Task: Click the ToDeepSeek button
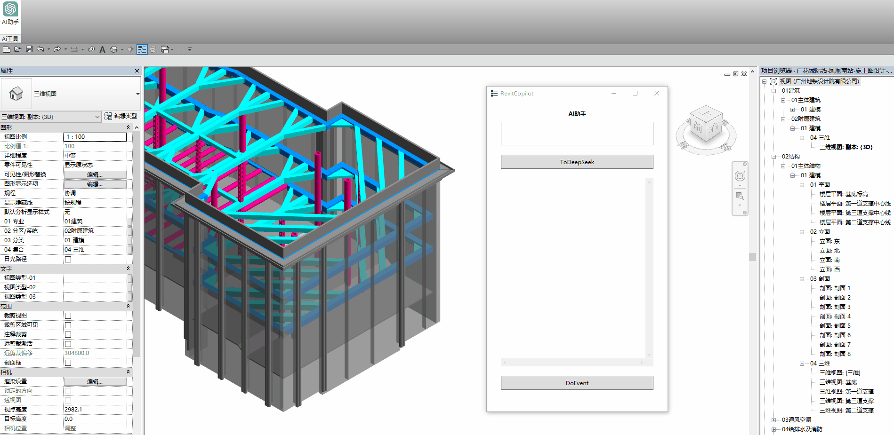(577, 162)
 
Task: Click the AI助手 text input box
(577, 134)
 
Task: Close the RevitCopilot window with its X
(657, 93)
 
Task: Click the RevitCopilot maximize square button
(635, 93)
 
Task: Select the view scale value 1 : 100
(95, 137)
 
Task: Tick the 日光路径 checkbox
(68, 259)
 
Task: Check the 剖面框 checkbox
(68, 363)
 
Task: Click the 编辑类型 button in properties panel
(121, 116)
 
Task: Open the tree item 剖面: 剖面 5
(835, 326)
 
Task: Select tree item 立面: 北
(830, 251)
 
